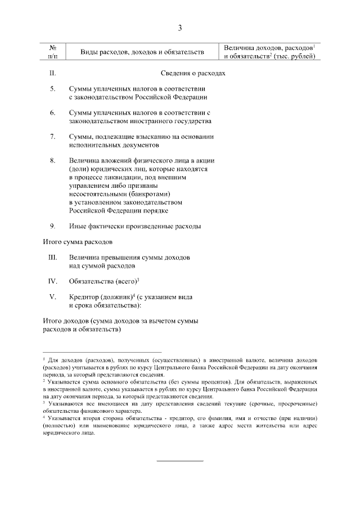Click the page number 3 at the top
pyautogui.click(x=180, y=28)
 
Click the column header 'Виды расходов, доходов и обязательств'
pyautogui.click(x=142, y=52)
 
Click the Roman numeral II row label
pyautogui.click(x=52, y=73)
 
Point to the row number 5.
pyautogui.click(x=52, y=89)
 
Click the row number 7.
pyautogui.click(x=52, y=137)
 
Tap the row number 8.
pyautogui.click(x=52, y=160)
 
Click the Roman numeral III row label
pyautogui.click(x=52, y=257)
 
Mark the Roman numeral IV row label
pyautogui.click(x=52, y=281)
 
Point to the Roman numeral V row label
pyautogui.click(x=52, y=296)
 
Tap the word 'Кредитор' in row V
pyautogui.click(x=84, y=296)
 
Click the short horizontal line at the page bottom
pyautogui.click(x=179, y=461)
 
